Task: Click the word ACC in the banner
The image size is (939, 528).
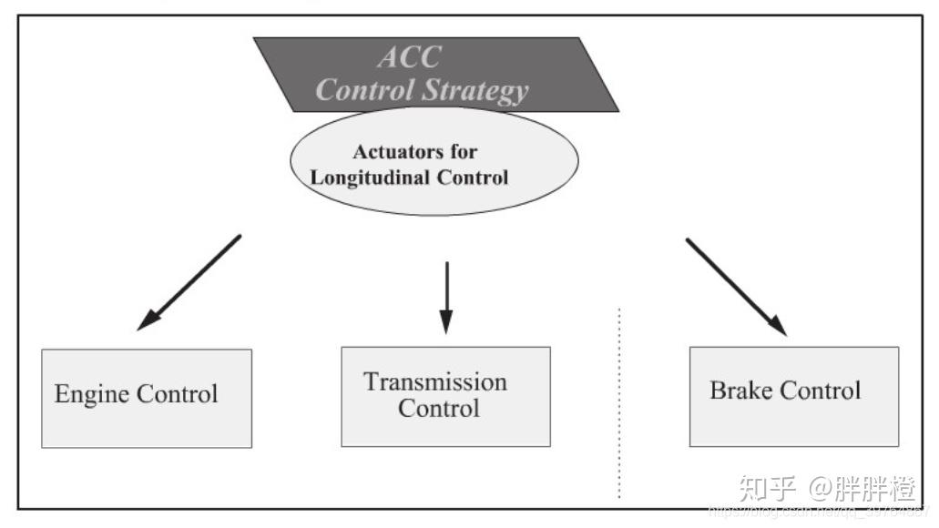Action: tap(409, 57)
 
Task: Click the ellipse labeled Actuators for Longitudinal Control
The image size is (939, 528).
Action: tap(434, 196)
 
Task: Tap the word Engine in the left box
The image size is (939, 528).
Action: tap(92, 394)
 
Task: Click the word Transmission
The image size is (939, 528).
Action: tap(435, 381)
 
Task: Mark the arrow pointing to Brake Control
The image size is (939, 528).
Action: tap(734, 285)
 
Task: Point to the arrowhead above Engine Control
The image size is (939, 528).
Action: tap(146, 320)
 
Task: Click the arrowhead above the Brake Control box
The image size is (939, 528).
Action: tap(777, 324)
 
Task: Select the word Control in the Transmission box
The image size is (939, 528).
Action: tap(438, 408)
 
